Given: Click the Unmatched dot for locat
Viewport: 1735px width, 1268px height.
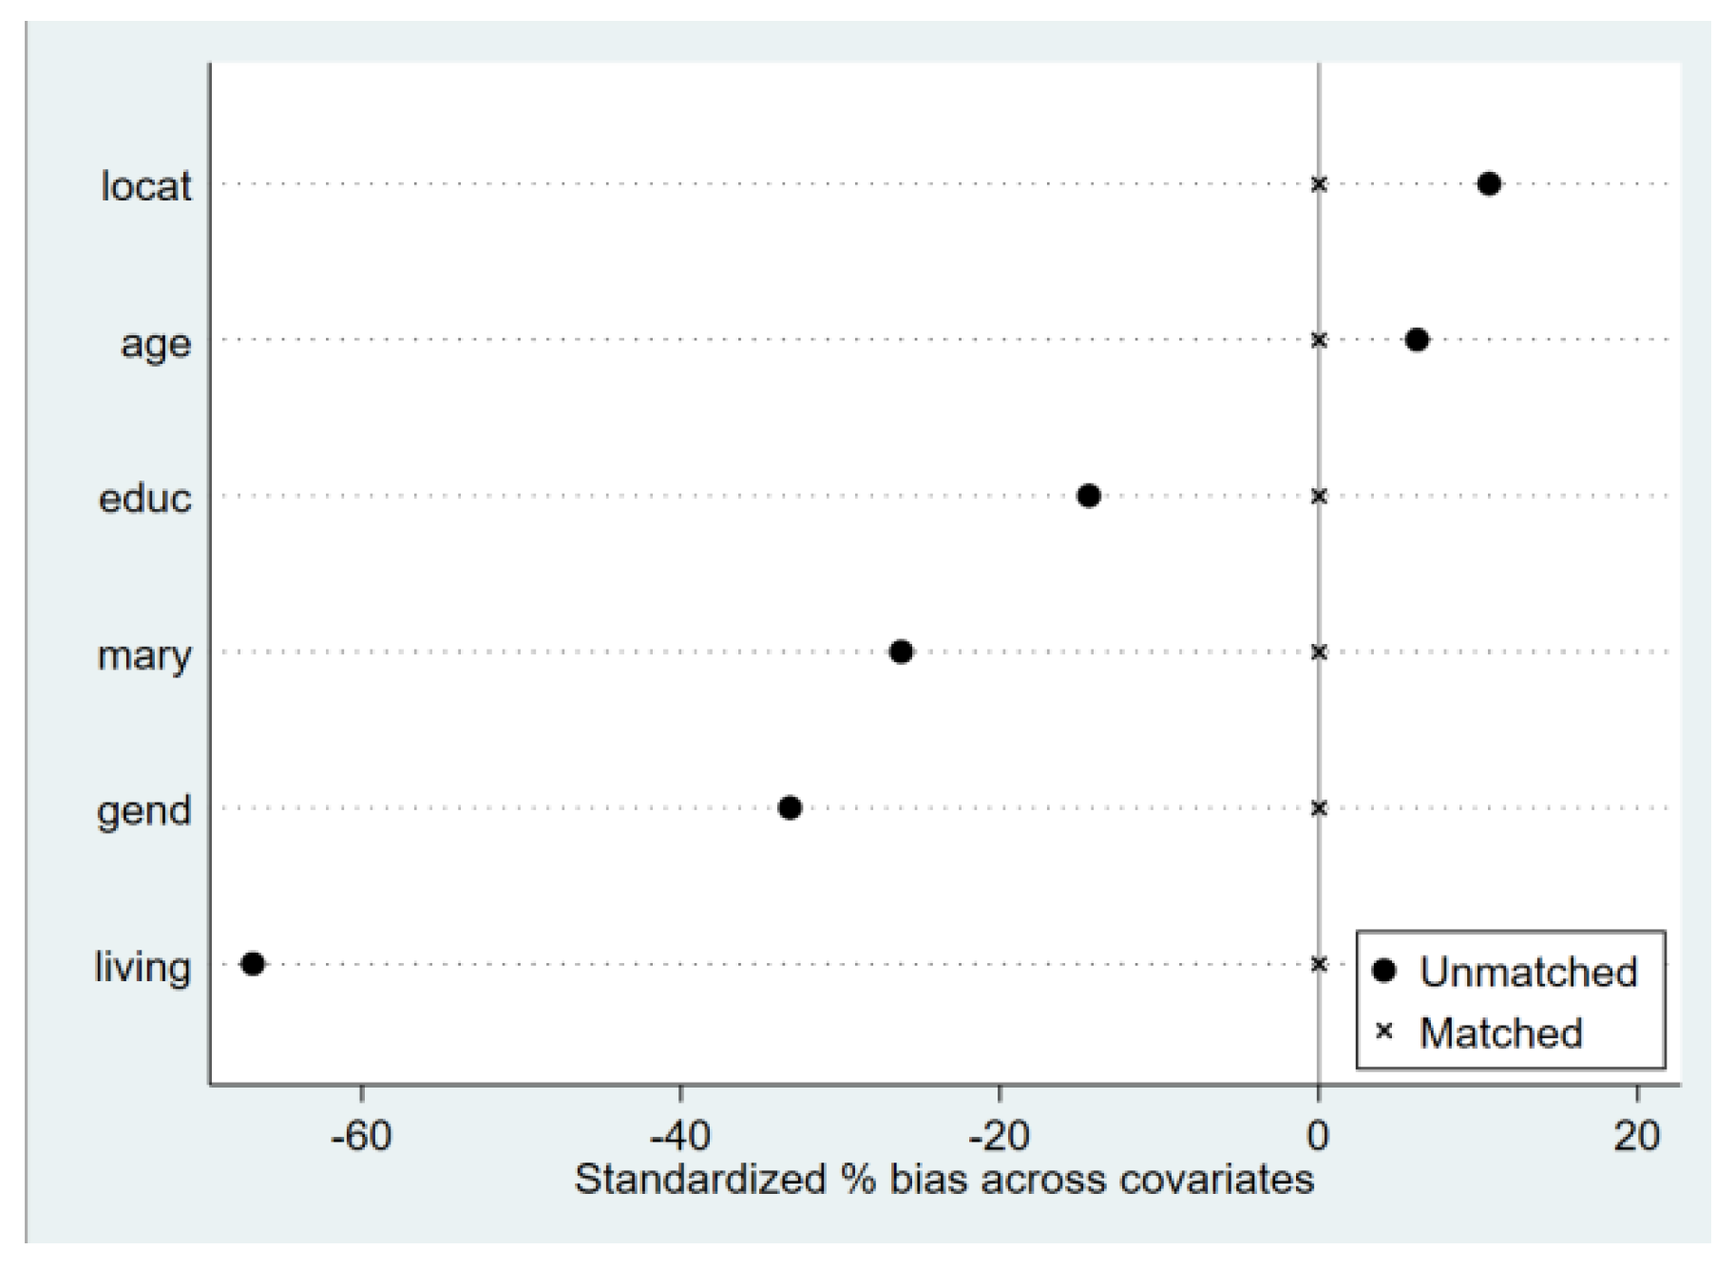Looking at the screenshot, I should click(x=1489, y=183).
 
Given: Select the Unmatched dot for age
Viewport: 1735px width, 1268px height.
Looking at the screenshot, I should click(x=1417, y=339).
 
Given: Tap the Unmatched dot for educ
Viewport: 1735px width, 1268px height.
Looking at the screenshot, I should click(x=1089, y=495).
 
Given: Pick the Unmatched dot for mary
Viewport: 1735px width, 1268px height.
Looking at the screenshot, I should click(x=902, y=652).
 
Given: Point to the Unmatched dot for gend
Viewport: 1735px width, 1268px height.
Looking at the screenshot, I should click(x=790, y=807).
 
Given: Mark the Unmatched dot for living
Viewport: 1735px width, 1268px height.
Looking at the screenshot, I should click(x=253, y=963).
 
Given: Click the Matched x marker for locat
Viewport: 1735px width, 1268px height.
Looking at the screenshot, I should click(x=1318, y=183).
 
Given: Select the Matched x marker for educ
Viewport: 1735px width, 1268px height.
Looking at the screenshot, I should click(x=1318, y=495).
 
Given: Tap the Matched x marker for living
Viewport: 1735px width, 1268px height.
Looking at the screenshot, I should click(x=1318, y=963).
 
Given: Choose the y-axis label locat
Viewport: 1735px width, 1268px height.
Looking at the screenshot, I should click(x=145, y=185).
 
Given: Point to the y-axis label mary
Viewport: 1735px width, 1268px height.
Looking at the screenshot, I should click(x=143, y=654).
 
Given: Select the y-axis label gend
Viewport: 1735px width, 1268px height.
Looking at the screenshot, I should click(x=143, y=811).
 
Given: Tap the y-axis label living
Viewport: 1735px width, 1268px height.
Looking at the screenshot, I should click(x=143, y=967).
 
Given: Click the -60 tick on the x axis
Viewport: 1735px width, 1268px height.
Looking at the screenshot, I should click(x=361, y=1134).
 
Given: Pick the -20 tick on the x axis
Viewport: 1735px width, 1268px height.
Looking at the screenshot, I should click(x=999, y=1134).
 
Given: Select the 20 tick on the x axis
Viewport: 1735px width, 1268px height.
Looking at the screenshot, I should click(x=1636, y=1134).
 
